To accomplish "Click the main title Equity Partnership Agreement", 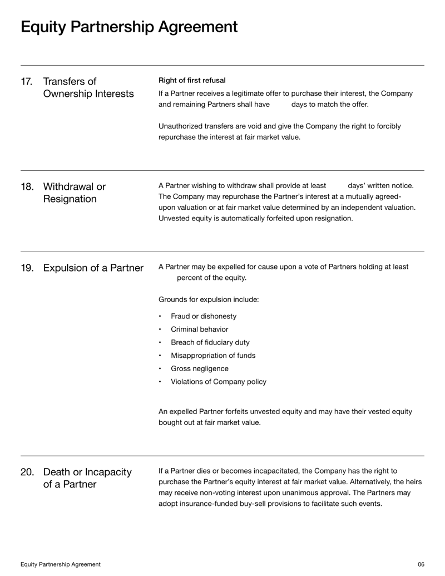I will [x=129, y=27].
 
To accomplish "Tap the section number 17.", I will [x=27, y=82].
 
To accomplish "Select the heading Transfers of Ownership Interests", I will [x=88, y=87].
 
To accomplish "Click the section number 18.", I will [x=27, y=186].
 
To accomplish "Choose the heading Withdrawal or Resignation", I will [x=74, y=192].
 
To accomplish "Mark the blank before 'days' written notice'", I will [x=337, y=186].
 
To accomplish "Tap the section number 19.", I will [x=27, y=268].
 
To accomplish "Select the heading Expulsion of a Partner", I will [x=93, y=268].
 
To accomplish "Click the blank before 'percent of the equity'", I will [x=167, y=278].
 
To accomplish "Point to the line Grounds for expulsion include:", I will [x=209, y=299].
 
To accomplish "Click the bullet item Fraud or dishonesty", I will [x=203, y=316].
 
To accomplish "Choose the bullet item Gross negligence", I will [x=199, y=368].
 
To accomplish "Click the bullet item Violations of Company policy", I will [x=218, y=382].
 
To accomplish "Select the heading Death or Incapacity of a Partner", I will [x=87, y=478].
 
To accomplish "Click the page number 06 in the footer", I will [x=421, y=564].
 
